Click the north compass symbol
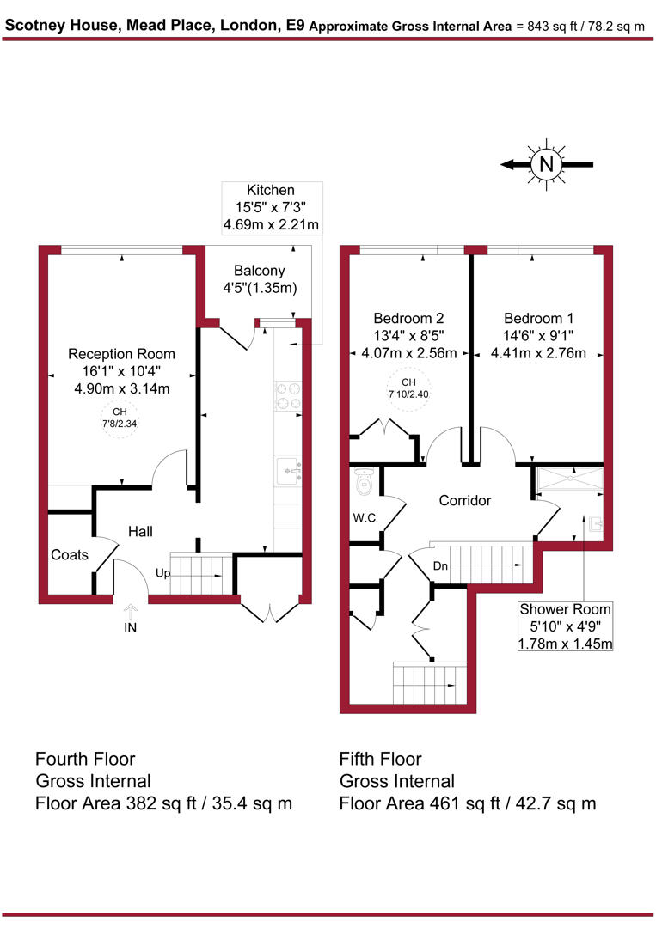click(x=545, y=163)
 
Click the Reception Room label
click(x=121, y=353)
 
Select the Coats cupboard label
click(x=69, y=555)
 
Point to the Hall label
click(x=140, y=532)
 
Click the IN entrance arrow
click(x=130, y=612)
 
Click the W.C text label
click(x=364, y=519)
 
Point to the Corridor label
click(x=464, y=500)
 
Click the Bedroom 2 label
click(x=408, y=315)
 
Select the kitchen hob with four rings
click(x=287, y=394)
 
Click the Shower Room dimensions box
click(x=564, y=626)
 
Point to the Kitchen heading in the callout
click(x=271, y=190)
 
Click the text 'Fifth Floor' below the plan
click(x=380, y=759)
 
